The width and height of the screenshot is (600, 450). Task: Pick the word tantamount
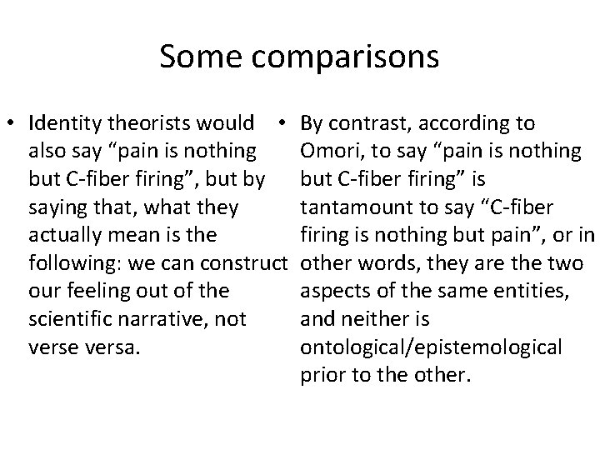[x=352, y=207]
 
